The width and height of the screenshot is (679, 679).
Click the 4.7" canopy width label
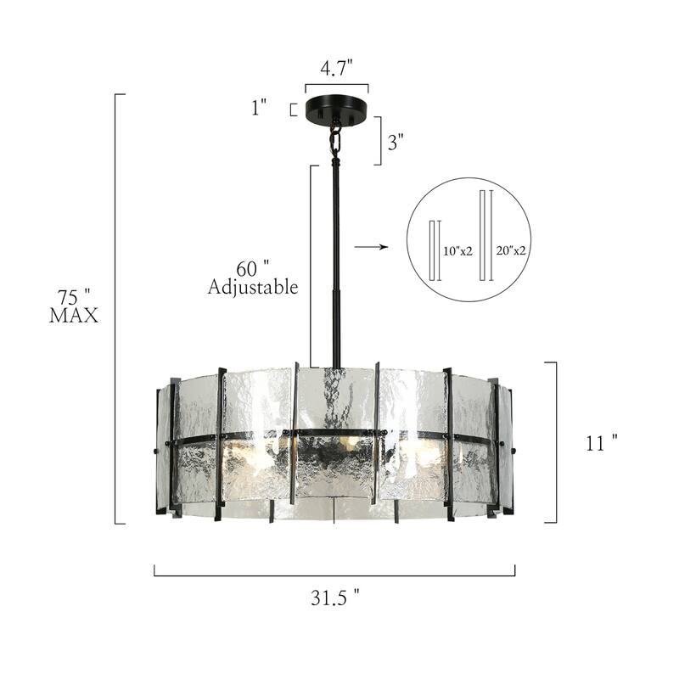[x=337, y=69]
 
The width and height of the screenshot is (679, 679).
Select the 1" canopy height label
[x=259, y=107]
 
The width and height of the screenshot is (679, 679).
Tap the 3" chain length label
[x=396, y=142]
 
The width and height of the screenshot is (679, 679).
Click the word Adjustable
[x=253, y=288]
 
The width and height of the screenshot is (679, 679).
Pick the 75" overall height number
[x=74, y=297]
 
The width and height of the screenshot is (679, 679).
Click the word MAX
[x=74, y=317]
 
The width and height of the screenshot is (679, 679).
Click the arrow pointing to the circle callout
[x=370, y=247]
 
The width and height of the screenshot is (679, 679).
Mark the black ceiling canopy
[x=337, y=110]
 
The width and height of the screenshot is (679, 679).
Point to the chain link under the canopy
[x=336, y=139]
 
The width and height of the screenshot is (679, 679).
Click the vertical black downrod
[x=337, y=255]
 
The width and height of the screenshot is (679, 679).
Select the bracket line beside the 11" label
[x=555, y=441]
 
